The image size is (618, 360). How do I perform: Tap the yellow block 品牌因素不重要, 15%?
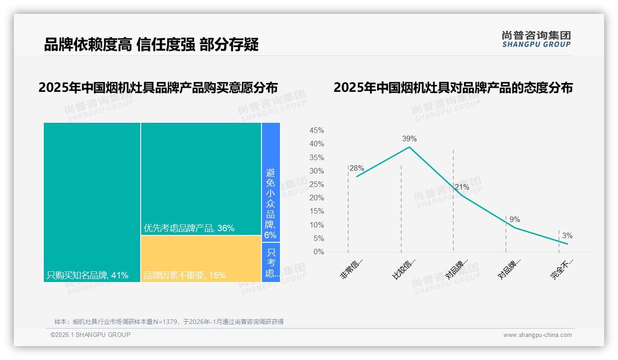click(x=201, y=258)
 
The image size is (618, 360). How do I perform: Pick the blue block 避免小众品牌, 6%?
click(x=271, y=182)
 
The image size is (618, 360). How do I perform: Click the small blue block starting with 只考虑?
click(x=271, y=263)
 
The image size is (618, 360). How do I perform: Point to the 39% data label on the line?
click(x=409, y=138)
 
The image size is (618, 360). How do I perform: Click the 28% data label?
click(x=357, y=168)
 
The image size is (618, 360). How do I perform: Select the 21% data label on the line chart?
click(x=462, y=187)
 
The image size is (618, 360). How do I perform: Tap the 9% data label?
click(x=515, y=219)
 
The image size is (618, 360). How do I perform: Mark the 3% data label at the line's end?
click(x=567, y=235)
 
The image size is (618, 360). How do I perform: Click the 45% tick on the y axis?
click(x=316, y=131)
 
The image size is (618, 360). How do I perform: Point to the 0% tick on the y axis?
click(x=319, y=252)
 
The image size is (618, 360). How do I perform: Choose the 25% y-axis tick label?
click(x=316, y=185)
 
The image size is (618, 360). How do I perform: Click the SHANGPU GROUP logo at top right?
click(x=536, y=39)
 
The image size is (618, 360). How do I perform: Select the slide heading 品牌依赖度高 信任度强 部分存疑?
click(x=151, y=44)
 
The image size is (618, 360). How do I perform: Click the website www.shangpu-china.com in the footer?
click(x=537, y=335)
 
